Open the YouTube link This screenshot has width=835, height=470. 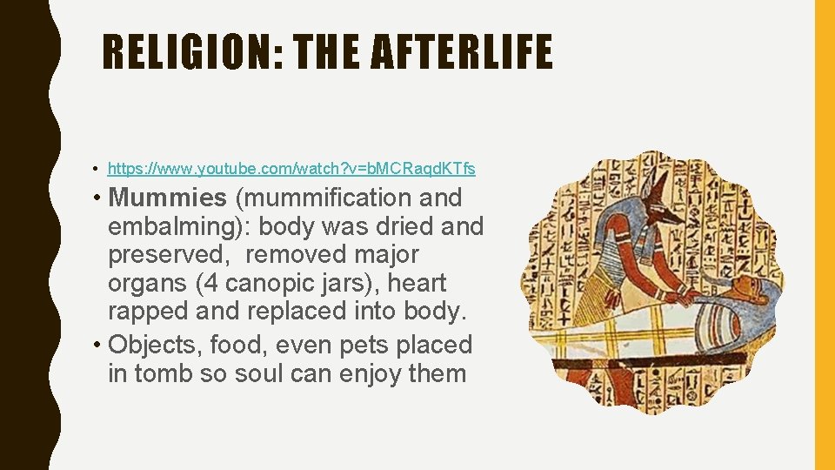pos(291,166)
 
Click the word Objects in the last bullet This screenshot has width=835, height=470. pos(155,345)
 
